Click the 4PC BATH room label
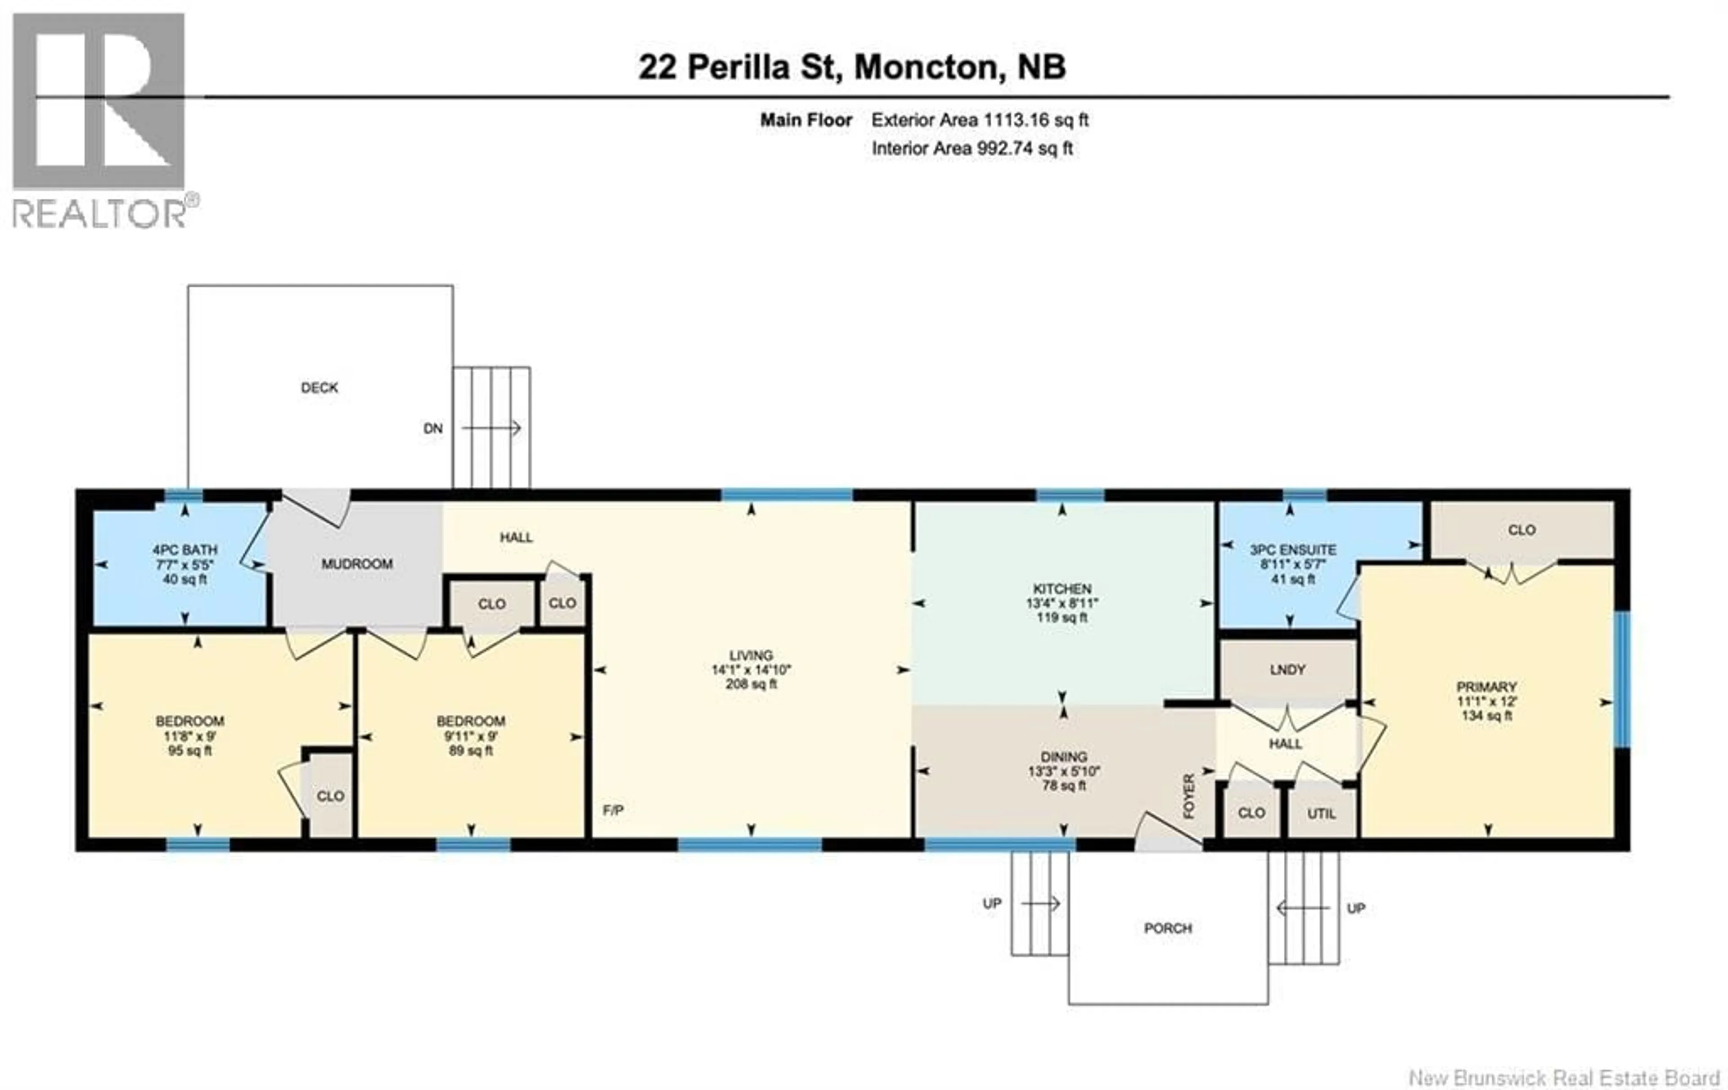[x=184, y=550]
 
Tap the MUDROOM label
[x=357, y=564]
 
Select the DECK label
[x=319, y=387]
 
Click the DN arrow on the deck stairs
[x=491, y=428]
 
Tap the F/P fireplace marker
[x=613, y=810]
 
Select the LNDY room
[x=1287, y=669]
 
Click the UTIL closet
[x=1321, y=813]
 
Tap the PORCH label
[x=1168, y=928]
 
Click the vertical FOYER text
[x=1189, y=797]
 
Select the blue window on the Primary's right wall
[x=1623, y=678]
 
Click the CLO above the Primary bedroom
[x=1521, y=529]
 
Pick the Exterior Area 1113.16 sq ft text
[x=980, y=120]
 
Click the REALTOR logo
[x=100, y=118]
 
